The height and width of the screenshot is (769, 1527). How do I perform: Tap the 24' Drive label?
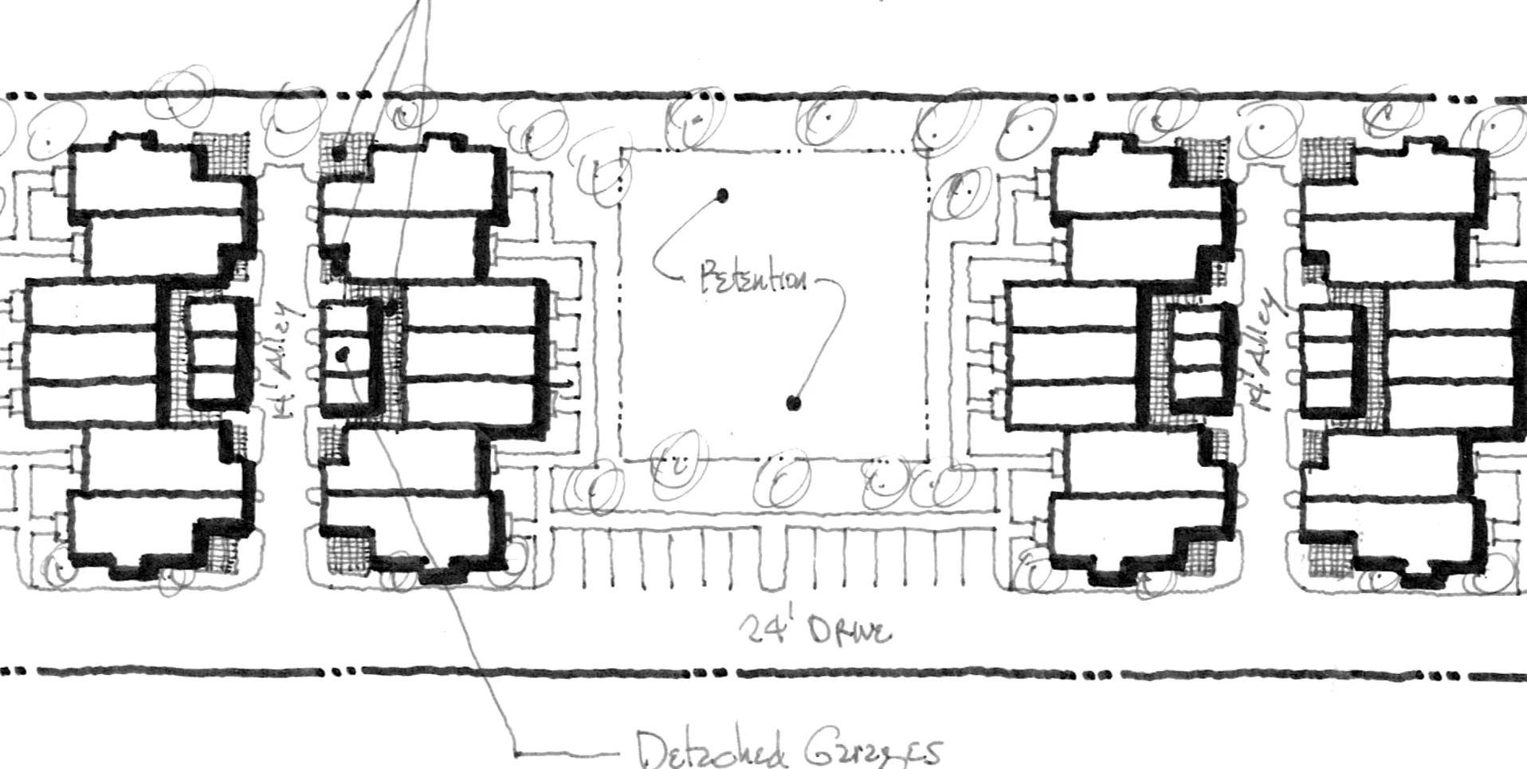tap(813, 631)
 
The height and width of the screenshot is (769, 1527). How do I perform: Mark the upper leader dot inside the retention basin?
tap(723, 194)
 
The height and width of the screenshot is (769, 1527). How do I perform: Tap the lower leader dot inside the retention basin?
tap(793, 403)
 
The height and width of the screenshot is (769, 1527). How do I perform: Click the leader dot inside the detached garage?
tap(343, 354)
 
